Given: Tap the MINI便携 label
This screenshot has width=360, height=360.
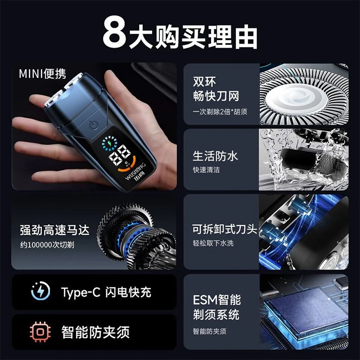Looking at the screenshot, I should pyautogui.click(x=42, y=74).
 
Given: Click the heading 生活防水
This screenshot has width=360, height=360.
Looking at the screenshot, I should pyautogui.click(x=215, y=156).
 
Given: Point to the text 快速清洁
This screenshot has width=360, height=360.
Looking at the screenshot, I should pyautogui.click(x=207, y=170).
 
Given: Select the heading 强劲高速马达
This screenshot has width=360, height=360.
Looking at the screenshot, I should pyautogui.click(x=54, y=230).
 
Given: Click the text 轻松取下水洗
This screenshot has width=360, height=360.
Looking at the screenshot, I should pyautogui.click(x=213, y=243).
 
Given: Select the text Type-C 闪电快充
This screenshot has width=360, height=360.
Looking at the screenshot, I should pyautogui.click(x=106, y=292).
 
